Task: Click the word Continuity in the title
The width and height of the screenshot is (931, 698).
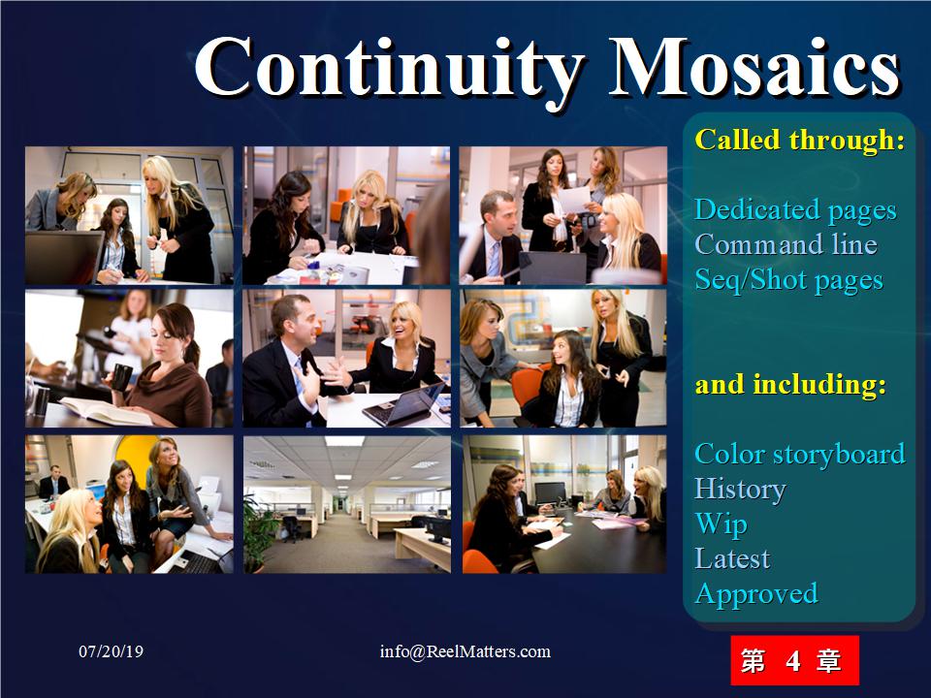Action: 390,68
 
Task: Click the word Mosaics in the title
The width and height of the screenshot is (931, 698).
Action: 755,66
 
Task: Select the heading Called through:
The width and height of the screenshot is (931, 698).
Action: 800,140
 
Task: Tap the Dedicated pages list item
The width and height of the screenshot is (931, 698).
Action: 795,210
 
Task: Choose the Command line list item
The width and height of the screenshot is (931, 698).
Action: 786,244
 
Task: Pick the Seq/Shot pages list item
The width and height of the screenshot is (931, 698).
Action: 788,280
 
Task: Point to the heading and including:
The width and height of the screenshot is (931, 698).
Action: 790,385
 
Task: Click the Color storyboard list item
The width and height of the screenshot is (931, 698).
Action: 800,455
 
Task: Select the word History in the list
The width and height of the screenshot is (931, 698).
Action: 740,491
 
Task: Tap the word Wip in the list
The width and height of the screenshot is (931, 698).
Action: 721,524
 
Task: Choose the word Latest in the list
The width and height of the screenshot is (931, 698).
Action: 732,559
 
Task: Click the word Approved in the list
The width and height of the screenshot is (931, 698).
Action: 756,594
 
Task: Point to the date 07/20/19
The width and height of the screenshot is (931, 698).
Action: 111,651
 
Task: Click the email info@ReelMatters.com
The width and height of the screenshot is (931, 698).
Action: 465,651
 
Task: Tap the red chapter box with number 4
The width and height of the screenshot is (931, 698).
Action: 794,660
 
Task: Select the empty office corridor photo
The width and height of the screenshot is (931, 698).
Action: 347,504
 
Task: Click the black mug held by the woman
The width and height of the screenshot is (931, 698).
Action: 121,377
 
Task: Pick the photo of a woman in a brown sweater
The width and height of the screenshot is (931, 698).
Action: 129,359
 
